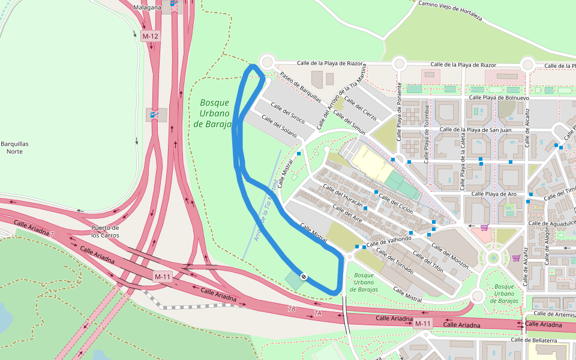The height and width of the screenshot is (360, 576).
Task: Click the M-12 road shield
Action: (150, 36)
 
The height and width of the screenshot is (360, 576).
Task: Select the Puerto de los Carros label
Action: (105, 231)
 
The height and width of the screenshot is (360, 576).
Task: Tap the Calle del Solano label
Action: (280, 127)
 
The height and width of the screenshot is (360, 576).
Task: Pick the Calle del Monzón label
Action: (449, 259)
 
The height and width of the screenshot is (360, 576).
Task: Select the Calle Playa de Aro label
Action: (494, 194)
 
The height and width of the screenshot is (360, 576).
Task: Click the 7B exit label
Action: (292, 309)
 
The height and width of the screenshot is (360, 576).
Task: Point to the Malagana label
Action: (147, 7)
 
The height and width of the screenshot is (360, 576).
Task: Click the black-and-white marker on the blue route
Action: (304, 277)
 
